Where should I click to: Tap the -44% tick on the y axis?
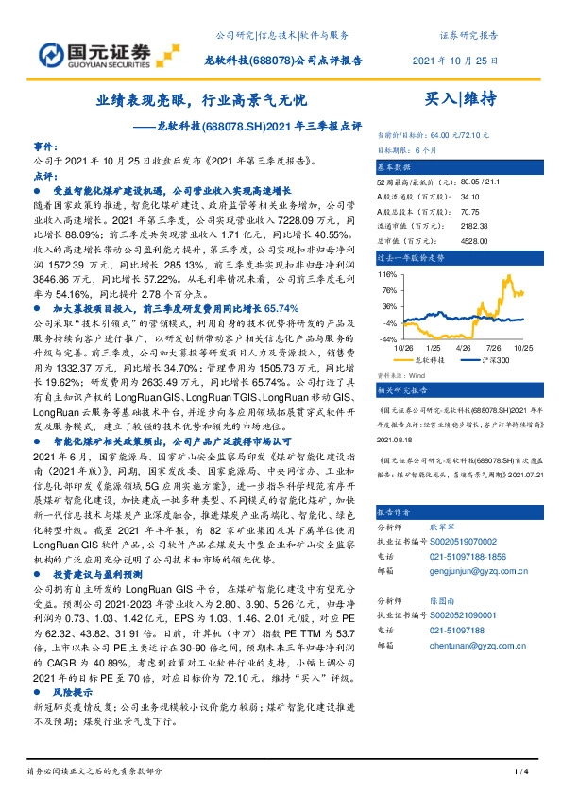pos(388,337)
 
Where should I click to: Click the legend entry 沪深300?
pos(499,360)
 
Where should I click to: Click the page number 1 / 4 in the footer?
pos(519,773)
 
